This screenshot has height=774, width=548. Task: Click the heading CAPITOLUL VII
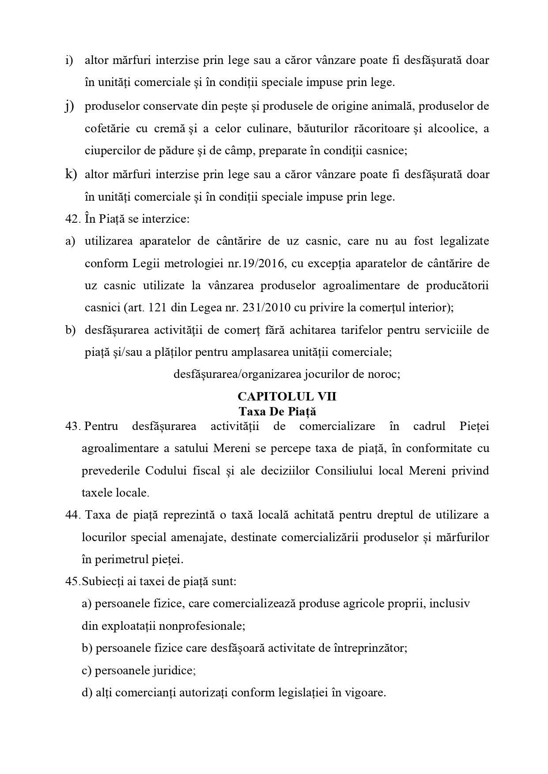click(x=287, y=396)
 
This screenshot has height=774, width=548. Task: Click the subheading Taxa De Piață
click(x=278, y=411)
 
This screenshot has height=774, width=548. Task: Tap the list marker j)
click(x=69, y=106)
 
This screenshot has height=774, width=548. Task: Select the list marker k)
click(x=71, y=174)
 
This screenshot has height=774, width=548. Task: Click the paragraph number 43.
click(x=72, y=426)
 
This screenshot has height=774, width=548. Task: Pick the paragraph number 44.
click(x=72, y=515)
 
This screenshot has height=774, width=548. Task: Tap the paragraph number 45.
click(x=72, y=581)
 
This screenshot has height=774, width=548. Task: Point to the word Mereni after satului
click(x=230, y=449)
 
